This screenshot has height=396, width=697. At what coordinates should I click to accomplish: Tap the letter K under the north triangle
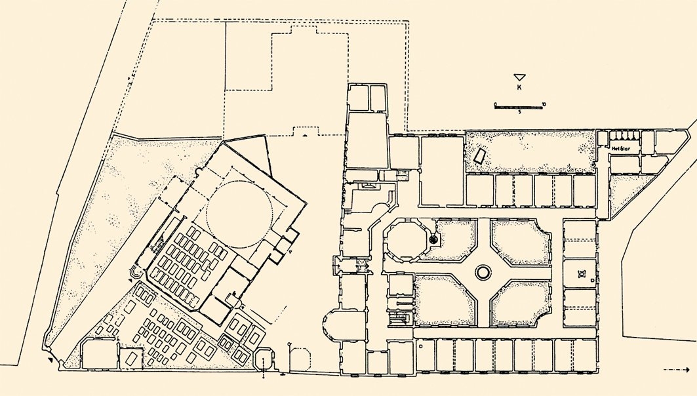519,87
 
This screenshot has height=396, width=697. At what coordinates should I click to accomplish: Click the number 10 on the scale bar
544,104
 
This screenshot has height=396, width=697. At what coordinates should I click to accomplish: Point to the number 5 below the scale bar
519,112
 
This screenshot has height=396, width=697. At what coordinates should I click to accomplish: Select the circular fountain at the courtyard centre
483,271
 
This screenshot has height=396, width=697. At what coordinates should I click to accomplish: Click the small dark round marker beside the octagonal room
433,241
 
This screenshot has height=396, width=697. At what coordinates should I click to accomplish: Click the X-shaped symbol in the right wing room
581,275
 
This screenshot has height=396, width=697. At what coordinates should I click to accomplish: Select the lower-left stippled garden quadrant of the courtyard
445,301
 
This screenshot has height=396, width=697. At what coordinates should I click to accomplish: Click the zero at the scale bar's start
495,104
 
